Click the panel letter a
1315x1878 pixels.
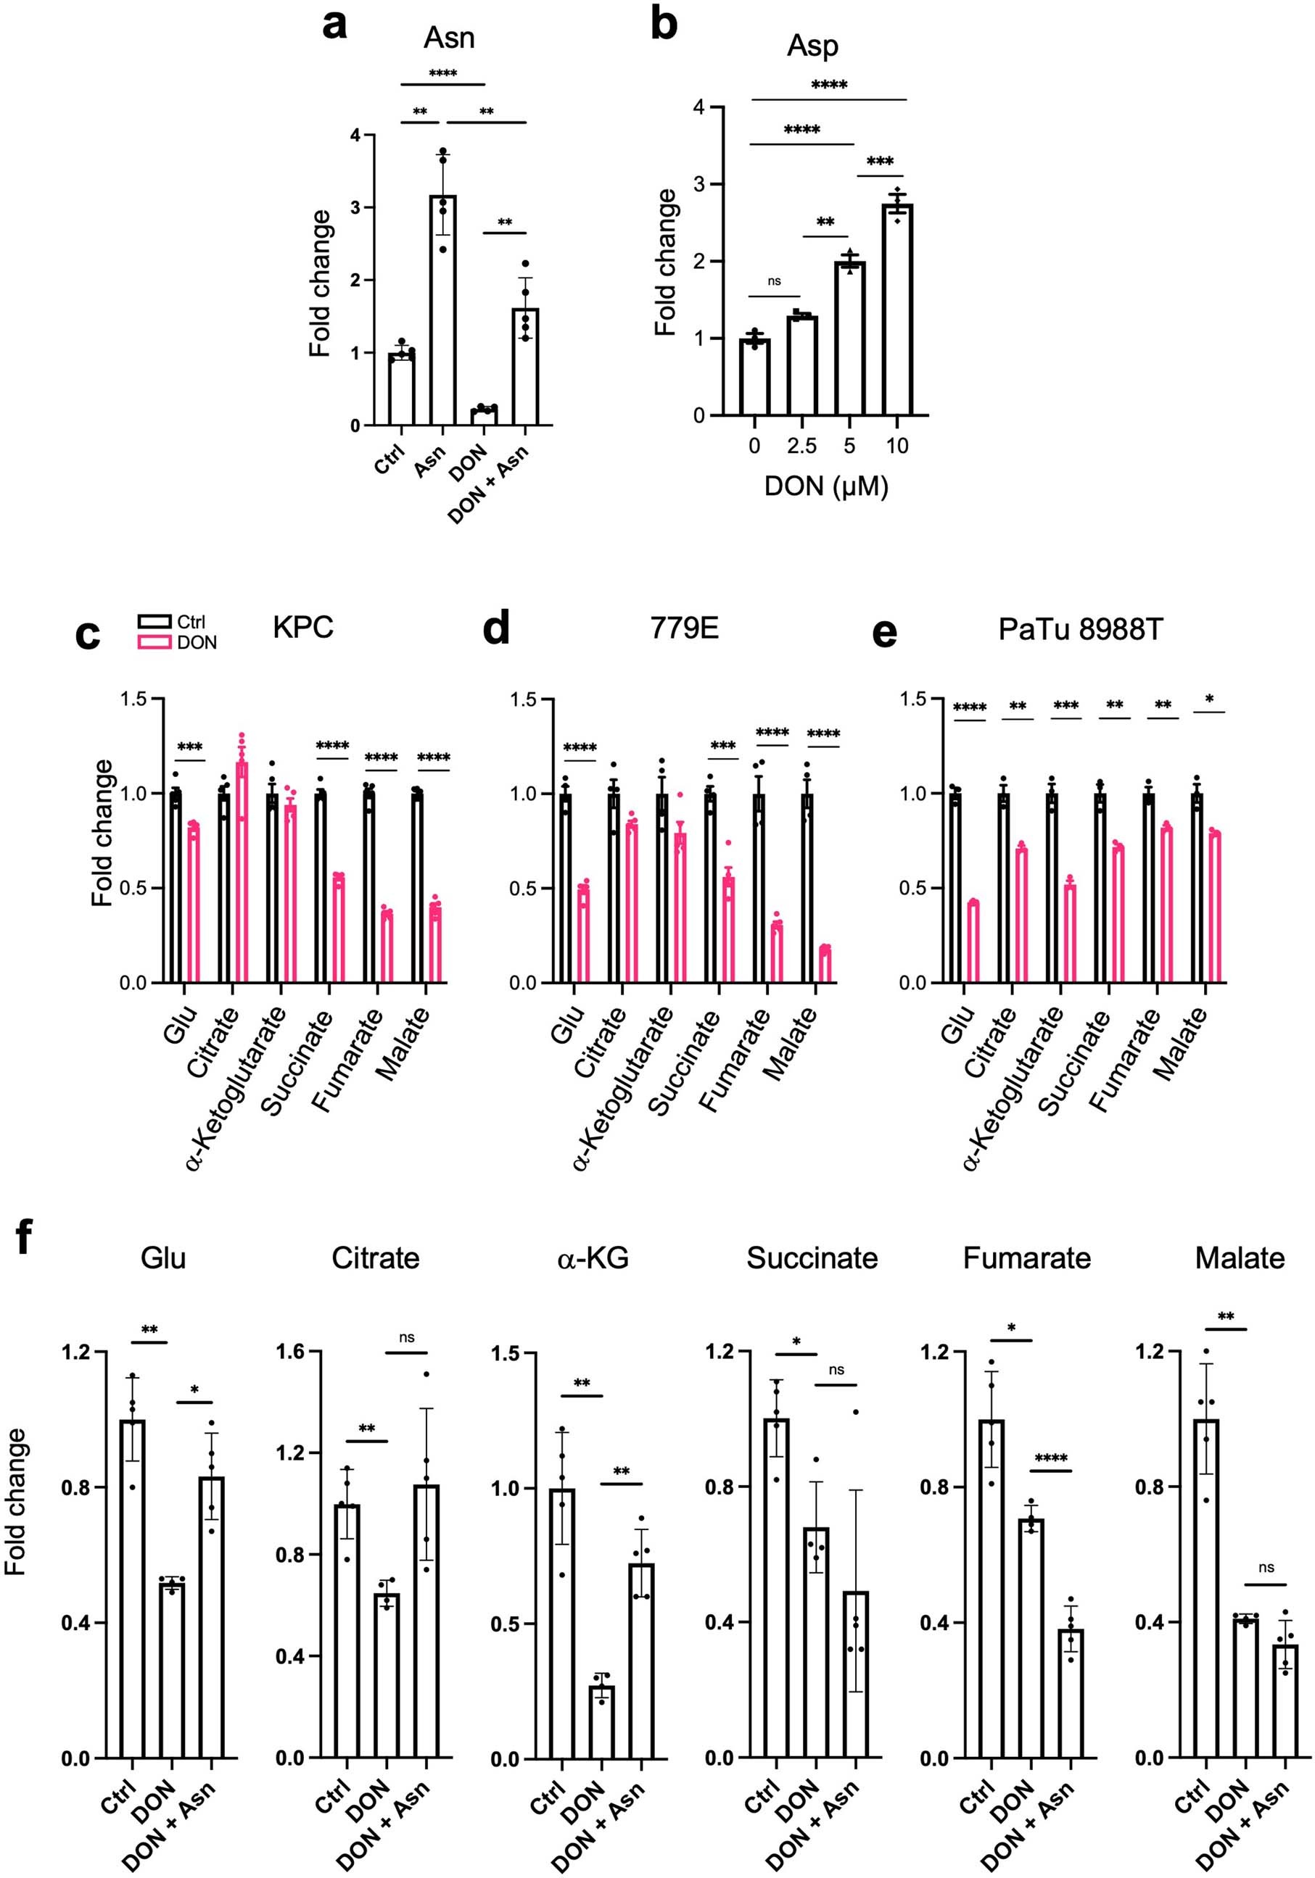pos(334,25)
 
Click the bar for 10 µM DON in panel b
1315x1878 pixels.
pos(896,311)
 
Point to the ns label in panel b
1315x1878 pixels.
pos(773,281)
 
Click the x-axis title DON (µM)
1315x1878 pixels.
pos(825,486)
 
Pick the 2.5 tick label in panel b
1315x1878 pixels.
pos(801,446)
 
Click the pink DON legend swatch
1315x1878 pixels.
pos(154,642)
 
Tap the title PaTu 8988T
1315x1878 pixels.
pos(1079,629)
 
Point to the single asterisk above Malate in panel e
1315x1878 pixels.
pos(1208,700)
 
